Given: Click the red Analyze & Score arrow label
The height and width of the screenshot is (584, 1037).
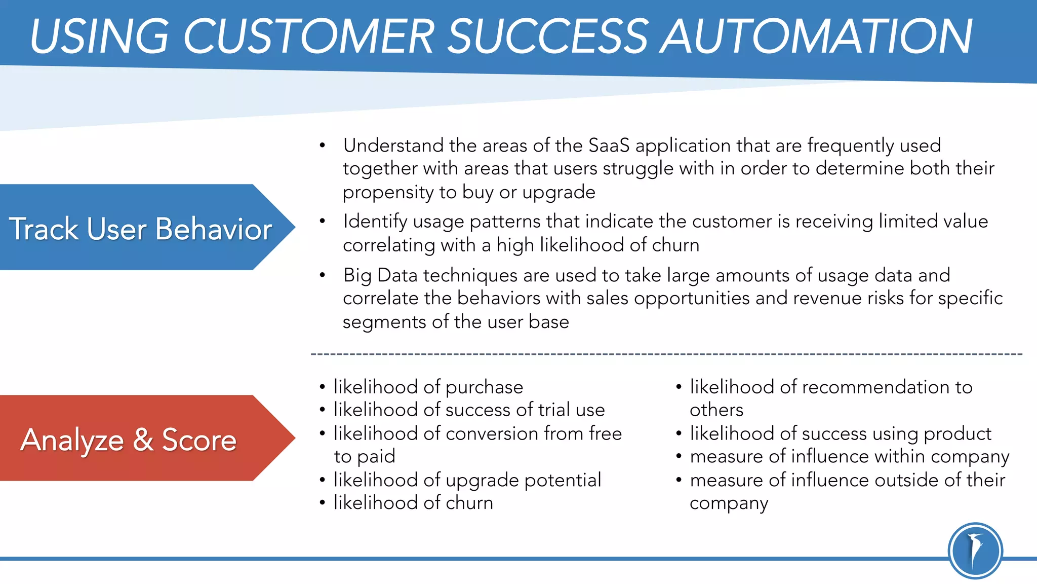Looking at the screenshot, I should coord(129,439).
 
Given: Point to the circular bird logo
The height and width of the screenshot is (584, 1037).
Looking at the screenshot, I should coord(975,551).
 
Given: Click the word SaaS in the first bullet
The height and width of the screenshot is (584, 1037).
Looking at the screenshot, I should coord(609,145).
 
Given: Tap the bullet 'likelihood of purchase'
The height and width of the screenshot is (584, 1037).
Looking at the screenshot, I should coord(428,387).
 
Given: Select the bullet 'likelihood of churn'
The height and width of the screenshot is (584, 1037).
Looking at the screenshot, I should coord(413,502).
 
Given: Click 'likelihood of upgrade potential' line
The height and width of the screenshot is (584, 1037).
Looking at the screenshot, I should coord(467,480).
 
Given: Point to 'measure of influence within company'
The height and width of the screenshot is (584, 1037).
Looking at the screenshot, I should coord(849,456).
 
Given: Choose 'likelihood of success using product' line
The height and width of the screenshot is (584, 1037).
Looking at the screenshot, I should coord(840,433).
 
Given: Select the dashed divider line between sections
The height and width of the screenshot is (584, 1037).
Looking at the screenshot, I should coord(666,354).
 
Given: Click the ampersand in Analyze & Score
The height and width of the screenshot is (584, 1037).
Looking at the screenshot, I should coord(143,439).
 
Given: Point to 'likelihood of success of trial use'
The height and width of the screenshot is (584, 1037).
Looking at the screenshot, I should coord(469,410).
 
